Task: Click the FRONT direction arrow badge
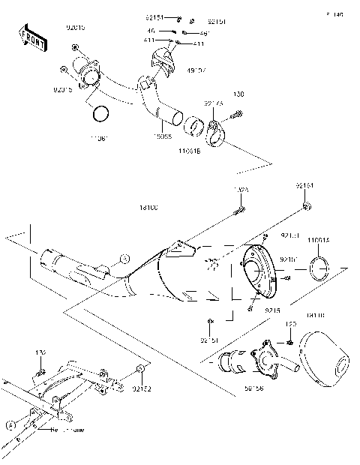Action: [x=31, y=38]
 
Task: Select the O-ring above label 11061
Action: [x=100, y=114]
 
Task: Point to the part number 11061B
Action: [x=189, y=150]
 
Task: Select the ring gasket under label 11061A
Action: [x=322, y=268]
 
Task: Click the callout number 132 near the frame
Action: [x=41, y=351]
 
